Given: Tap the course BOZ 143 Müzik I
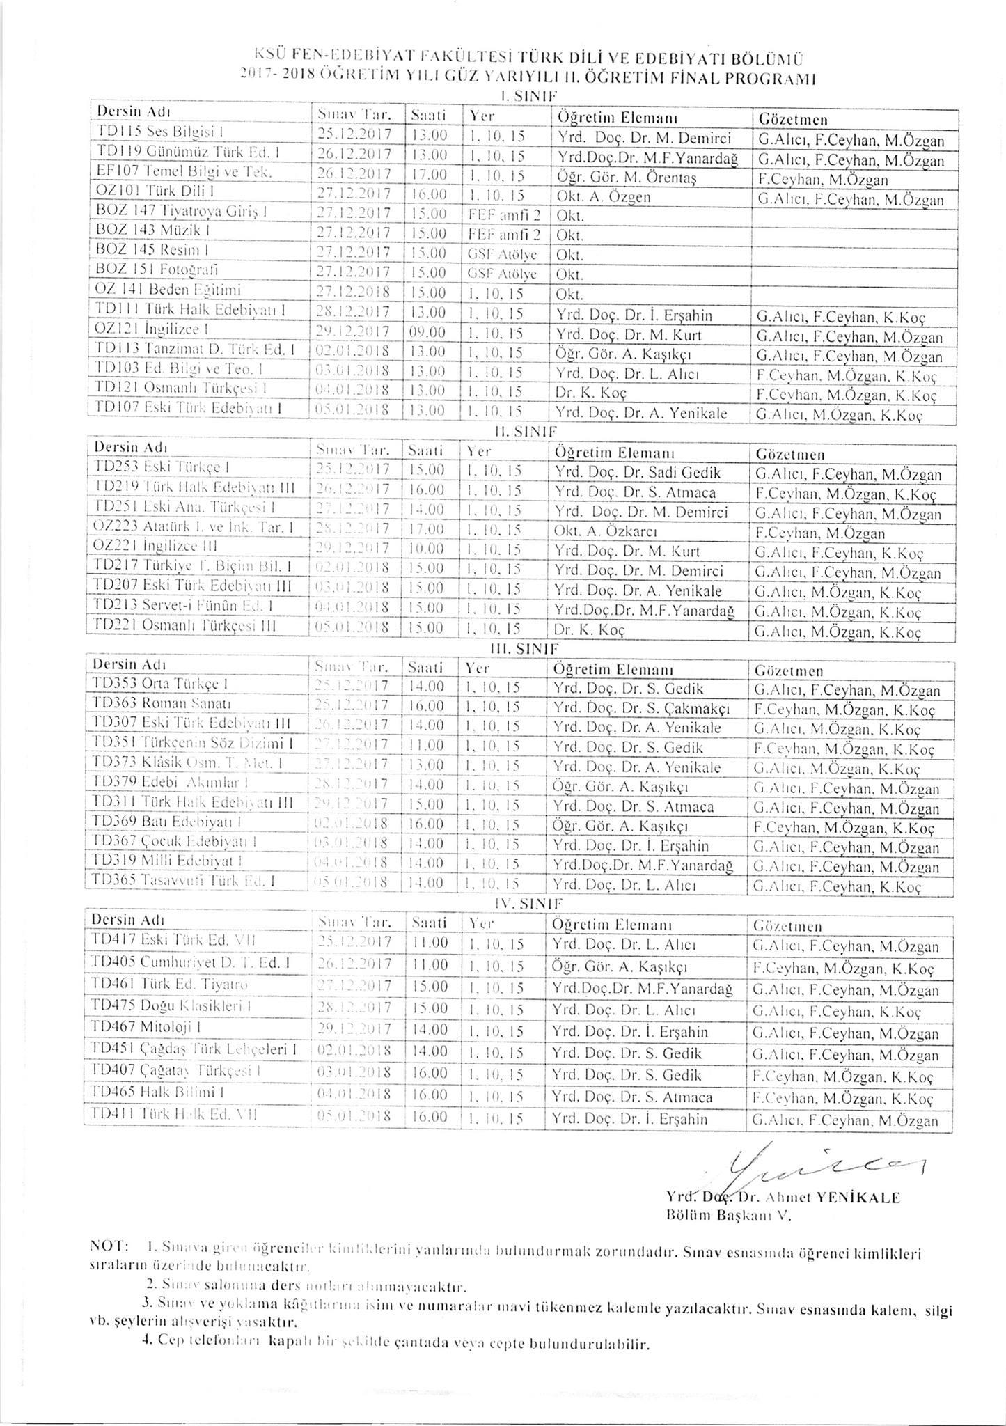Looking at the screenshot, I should pos(140,234).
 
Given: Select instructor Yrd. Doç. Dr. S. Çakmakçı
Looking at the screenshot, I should pos(640,710).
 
